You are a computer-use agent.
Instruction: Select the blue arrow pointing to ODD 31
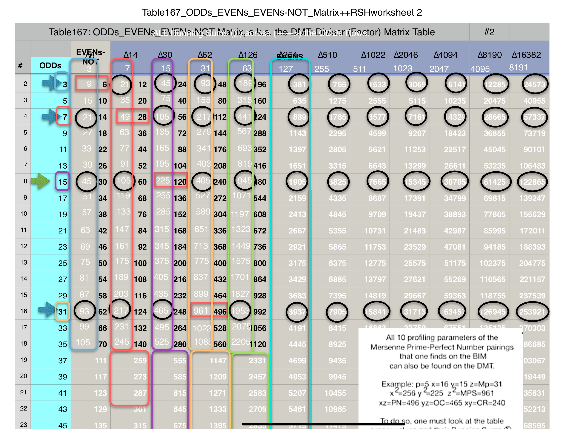47,310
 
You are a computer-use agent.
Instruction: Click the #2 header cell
489,32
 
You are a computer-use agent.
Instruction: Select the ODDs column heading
50,65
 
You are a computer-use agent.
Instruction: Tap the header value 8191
518,68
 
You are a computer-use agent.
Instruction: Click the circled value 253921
532,311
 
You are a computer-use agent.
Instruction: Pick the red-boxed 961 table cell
201,311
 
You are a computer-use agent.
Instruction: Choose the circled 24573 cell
535,84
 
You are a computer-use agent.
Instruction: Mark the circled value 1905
297,182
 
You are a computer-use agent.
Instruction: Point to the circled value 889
299,117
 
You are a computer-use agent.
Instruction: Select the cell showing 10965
335,409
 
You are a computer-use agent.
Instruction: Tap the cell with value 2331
257,361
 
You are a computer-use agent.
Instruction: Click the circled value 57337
534,117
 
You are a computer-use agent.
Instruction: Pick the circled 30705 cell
454,182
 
